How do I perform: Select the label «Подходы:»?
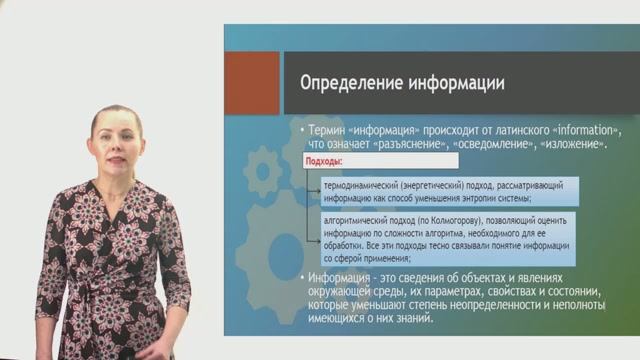tap(326, 160)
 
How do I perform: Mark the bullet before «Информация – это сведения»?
tap(300, 279)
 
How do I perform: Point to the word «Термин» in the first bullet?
tap(331, 131)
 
